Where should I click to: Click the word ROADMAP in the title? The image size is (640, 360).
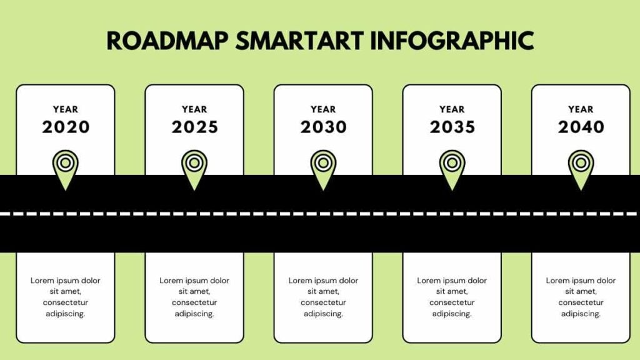coord(167,41)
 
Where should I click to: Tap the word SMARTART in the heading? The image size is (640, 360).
coord(299,41)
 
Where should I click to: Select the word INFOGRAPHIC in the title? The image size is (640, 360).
coord(452,41)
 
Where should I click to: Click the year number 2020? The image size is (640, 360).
coord(66,127)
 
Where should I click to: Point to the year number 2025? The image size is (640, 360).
coord(195,127)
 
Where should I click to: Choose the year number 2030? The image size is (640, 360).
coord(323,127)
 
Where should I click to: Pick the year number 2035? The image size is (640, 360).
coord(452,127)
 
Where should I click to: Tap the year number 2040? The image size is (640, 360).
coord(581,127)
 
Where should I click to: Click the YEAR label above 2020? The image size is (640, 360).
coord(65,109)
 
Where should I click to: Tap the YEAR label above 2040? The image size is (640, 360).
coord(581,109)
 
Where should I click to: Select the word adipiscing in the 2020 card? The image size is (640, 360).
coord(65,314)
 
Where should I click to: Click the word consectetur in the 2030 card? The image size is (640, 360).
coord(323,302)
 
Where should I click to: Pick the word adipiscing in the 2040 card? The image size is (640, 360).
coord(581,314)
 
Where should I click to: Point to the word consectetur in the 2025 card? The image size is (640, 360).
coord(194,302)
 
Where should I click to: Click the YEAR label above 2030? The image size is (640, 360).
coord(323,109)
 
